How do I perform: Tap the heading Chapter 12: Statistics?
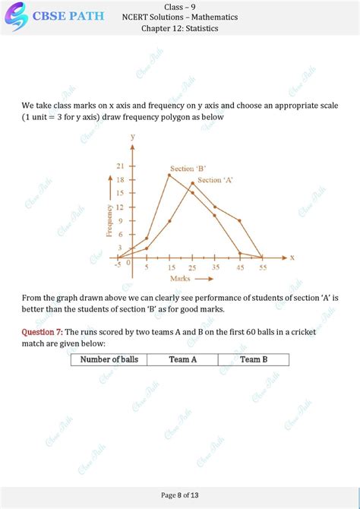coord(180,29)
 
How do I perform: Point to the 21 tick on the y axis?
coord(121,165)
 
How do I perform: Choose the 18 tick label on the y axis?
coord(121,179)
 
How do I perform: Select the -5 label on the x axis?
coord(118,264)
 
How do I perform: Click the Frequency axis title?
coord(109,220)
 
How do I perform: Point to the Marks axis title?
coord(180,278)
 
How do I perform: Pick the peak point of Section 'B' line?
coord(169,175)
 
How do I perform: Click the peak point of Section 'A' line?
coord(192,183)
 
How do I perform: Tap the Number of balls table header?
coord(109,359)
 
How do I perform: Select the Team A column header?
coord(182,359)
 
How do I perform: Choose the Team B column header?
coord(254,359)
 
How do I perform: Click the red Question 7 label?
coord(42,332)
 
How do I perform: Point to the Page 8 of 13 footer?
coord(180,495)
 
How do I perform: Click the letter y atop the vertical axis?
coord(133,137)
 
